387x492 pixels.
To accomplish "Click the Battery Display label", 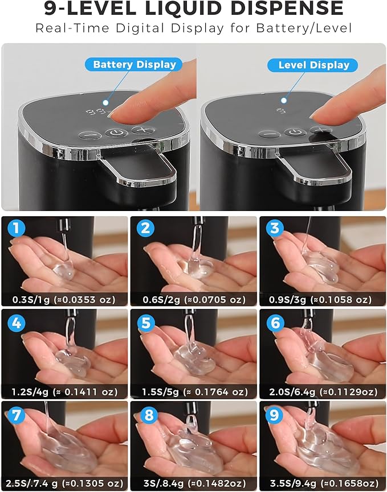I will click(x=135, y=64).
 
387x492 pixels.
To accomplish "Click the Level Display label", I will click(x=313, y=65).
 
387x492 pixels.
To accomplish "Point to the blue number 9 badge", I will click(x=276, y=416).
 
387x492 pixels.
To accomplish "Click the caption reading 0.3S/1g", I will click(x=64, y=299).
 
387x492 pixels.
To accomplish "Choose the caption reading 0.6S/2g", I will click(x=194, y=299).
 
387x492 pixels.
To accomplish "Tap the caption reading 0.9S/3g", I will click(x=323, y=299).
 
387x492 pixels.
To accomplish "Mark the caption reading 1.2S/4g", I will click(x=64, y=392).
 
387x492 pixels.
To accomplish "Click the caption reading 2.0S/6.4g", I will click(x=323, y=392).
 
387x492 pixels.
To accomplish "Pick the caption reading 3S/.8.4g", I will click(x=194, y=483).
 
